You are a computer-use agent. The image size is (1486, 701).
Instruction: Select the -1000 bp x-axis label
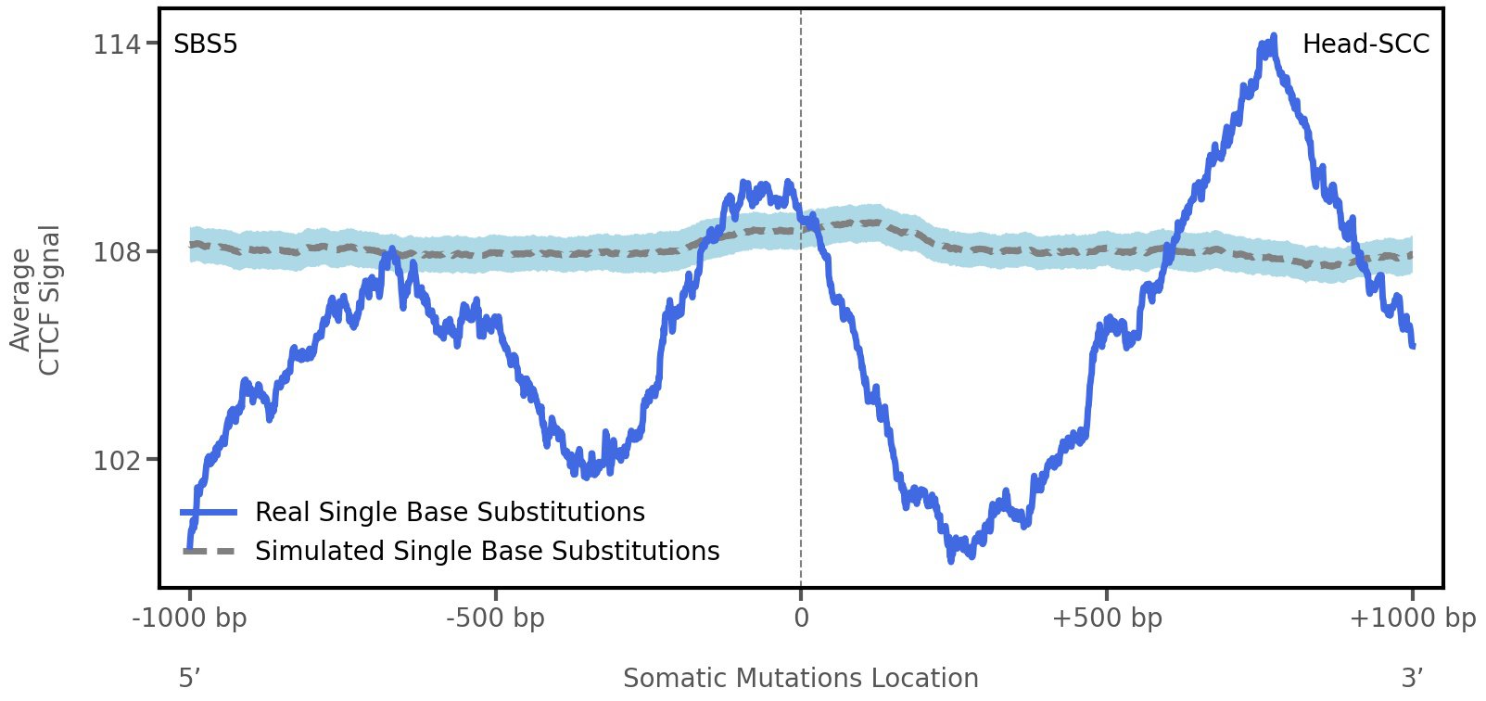(190, 618)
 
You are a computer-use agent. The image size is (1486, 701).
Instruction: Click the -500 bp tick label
(495, 618)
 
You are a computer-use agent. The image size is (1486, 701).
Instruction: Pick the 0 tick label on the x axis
(801, 618)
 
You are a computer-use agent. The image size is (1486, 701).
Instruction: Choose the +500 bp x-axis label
(1107, 618)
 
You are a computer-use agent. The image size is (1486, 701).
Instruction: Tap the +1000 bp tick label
(1412, 618)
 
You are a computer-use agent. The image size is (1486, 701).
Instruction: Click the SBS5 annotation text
(206, 45)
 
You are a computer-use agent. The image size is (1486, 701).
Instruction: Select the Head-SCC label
(1365, 45)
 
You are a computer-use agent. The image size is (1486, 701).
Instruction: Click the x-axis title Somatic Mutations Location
(801, 678)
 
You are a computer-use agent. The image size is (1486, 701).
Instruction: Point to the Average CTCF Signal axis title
(35, 300)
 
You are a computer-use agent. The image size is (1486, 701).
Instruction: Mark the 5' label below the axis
(190, 678)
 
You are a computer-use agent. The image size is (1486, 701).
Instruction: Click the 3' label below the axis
(1412, 678)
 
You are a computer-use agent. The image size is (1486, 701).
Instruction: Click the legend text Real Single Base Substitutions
(450, 512)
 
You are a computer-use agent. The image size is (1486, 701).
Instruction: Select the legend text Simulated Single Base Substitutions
(487, 551)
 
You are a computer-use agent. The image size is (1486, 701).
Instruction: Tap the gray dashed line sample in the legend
(210, 551)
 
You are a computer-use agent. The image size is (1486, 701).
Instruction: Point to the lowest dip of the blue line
(950, 559)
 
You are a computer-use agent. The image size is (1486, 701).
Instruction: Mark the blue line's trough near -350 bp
(586, 475)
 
